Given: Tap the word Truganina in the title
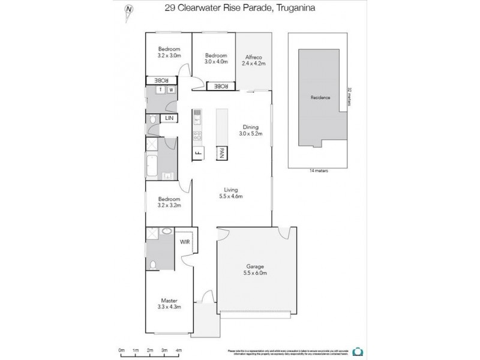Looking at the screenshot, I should point(295,8).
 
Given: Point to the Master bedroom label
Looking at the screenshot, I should point(169,301).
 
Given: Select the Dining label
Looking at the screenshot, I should point(250,127).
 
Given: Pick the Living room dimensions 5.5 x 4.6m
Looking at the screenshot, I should point(230,196).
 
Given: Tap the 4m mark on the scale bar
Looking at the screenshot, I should point(178,349).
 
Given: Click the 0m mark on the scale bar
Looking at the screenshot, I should point(121,349).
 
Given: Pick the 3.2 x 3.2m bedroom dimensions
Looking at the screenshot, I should point(169,205).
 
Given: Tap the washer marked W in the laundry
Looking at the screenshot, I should point(171,91).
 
